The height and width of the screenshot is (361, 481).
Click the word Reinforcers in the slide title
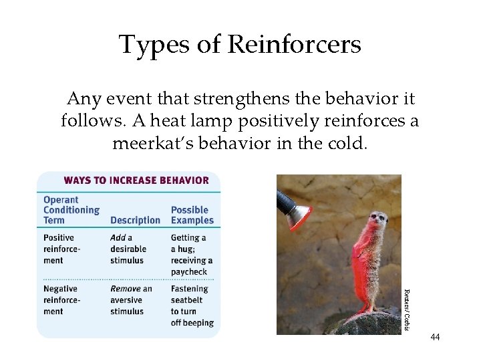294,45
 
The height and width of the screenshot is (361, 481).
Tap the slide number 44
436,337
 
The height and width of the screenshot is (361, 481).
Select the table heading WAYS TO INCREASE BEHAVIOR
136,180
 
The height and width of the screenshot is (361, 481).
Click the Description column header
135,221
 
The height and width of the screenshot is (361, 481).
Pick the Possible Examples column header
192,215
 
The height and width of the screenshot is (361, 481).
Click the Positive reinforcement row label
61,249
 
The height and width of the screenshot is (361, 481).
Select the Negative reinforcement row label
61,300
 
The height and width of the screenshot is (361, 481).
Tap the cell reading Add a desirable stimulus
128,249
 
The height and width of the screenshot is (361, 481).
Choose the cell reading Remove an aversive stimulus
131,300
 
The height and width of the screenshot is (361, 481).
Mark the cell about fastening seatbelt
192,306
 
